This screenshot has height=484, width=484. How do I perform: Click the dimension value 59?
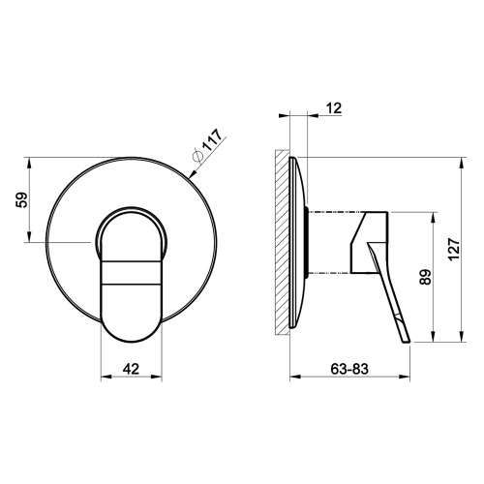tap(22, 200)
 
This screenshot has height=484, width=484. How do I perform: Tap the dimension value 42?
tap(131, 369)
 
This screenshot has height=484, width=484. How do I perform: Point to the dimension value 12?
tap(334, 108)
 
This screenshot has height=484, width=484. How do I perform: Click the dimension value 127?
tap(454, 250)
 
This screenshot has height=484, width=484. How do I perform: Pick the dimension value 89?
tap(426, 277)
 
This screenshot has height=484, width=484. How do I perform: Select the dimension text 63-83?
tap(349, 369)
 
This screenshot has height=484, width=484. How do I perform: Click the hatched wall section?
tap(282, 242)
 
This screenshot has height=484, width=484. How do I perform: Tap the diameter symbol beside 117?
tap(197, 156)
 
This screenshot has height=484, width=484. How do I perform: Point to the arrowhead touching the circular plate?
tap(193, 174)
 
